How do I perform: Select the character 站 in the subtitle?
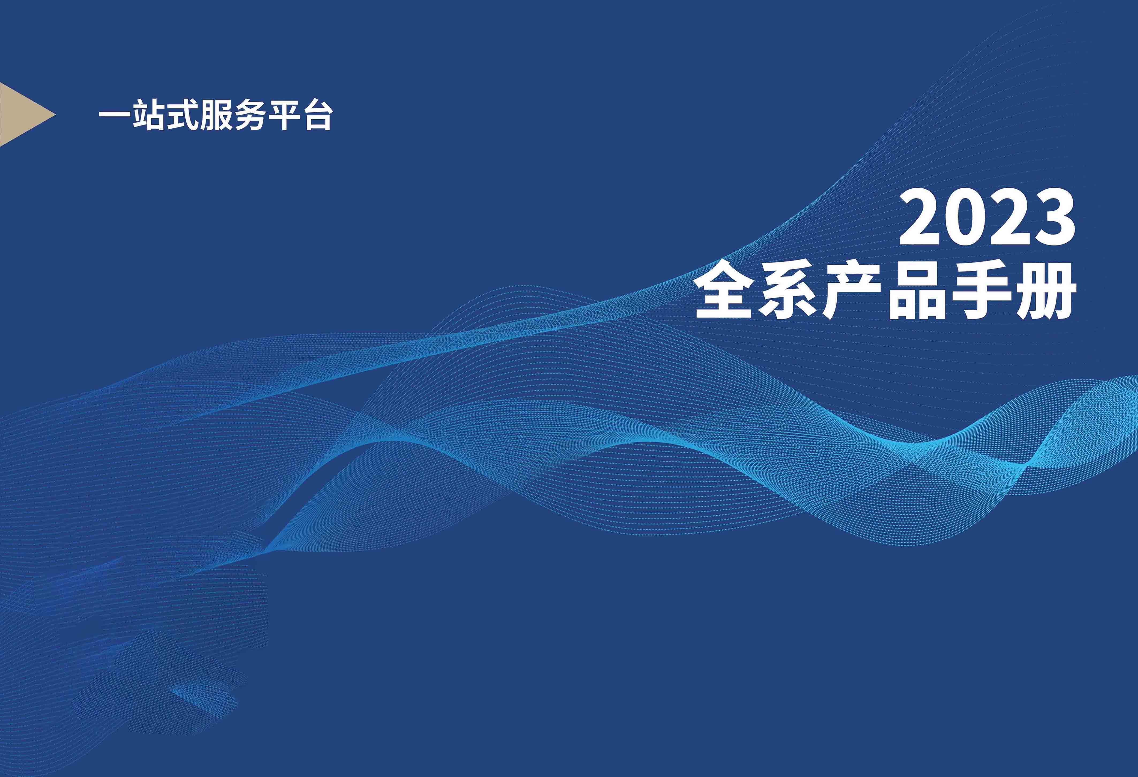click(148, 116)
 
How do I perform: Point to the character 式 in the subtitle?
click(182, 116)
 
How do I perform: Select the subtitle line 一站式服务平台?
click(216, 116)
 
